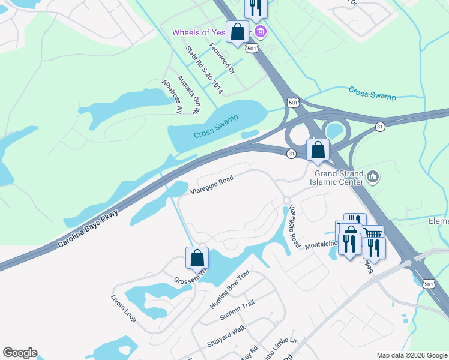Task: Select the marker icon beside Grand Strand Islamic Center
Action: point(373,177)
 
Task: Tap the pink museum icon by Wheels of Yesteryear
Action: point(261,31)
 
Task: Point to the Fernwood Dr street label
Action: point(221,58)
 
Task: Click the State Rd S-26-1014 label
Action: point(204,70)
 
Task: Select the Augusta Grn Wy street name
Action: point(187,95)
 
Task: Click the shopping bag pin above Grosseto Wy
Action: point(197,258)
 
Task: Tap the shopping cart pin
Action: point(372,235)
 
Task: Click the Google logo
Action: point(20,353)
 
